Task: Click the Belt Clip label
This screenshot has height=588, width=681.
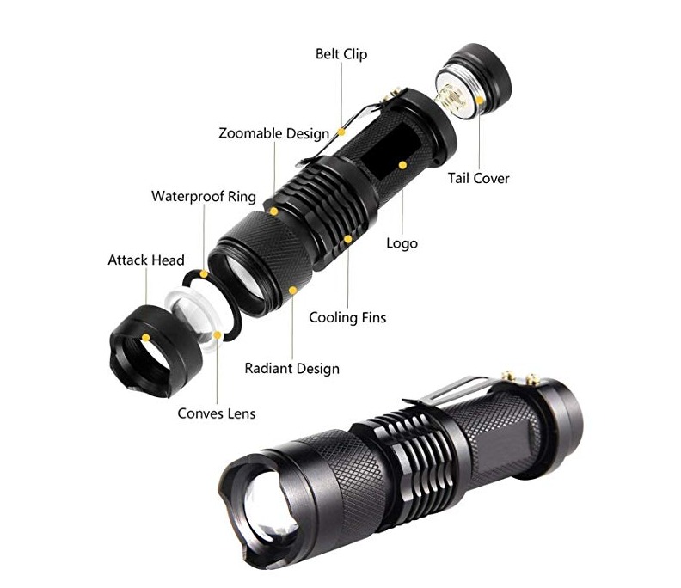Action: click(x=341, y=54)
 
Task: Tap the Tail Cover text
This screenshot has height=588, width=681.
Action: click(x=478, y=179)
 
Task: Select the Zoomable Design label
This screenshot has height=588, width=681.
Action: click(x=273, y=133)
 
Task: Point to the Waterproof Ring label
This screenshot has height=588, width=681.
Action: click(x=204, y=196)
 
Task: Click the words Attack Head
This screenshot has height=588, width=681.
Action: click(x=146, y=260)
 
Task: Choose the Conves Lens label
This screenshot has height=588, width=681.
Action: click(x=217, y=413)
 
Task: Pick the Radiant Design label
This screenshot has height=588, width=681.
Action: click(x=291, y=368)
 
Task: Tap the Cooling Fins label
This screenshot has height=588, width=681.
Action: click(x=347, y=317)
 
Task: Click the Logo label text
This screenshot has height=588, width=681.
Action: click(x=402, y=243)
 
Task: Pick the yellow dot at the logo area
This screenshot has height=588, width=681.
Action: click(x=403, y=162)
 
